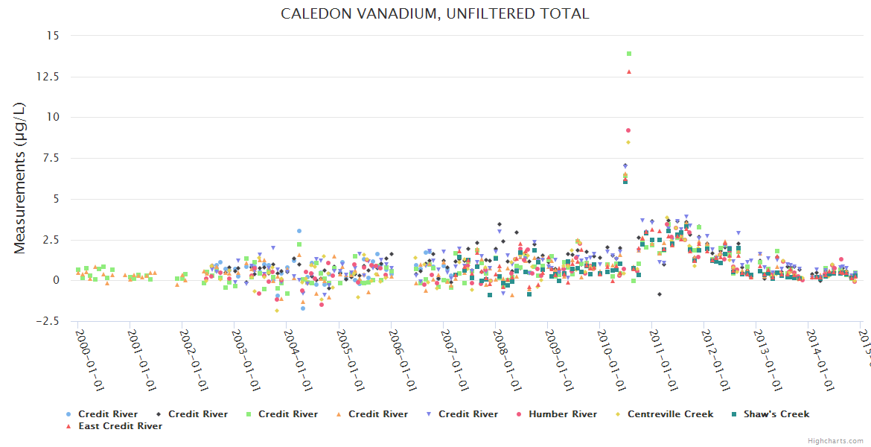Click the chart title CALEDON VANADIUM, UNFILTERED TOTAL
tap(435, 13)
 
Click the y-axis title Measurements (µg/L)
tap(20, 178)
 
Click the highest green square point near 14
tap(629, 54)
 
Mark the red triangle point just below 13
tap(629, 72)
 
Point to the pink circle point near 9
tap(628, 130)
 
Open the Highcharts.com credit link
tap(835, 440)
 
